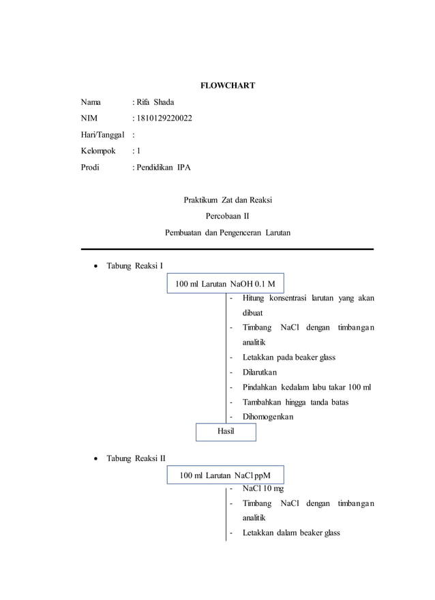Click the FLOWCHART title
pos(227,85)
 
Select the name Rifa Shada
pos(155,102)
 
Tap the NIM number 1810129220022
pos(164,119)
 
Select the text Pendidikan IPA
pos(164,167)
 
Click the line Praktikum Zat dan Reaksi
pos(228,200)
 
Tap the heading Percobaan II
pos(228,216)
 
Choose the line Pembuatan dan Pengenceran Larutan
pos(228,232)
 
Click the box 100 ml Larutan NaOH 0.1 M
pos(226,283)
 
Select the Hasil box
pos(226,431)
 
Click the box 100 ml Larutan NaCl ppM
pos(226,475)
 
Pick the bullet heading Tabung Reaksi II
pos(136,458)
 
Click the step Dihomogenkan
pos(268,416)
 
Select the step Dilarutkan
pos(260,372)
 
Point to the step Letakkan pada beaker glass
pos(289,357)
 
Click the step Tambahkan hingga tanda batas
pos(295,402)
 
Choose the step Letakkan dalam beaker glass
pos(291,533)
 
